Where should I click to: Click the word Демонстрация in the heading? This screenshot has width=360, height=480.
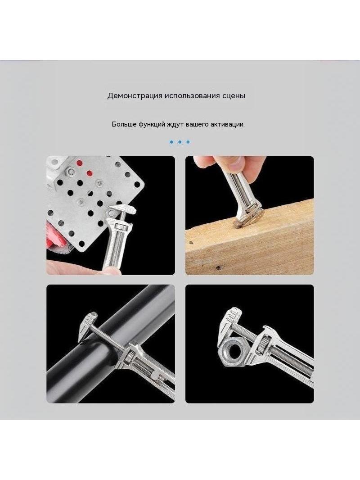(135, 96)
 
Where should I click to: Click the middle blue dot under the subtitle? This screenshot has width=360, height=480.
(180, 142)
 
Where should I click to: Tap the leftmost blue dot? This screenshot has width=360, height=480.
(171, 142)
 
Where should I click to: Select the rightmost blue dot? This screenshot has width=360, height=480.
(188, 142)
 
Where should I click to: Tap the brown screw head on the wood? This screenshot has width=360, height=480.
(237, 225)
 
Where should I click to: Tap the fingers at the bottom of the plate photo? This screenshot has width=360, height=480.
(80, 268)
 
